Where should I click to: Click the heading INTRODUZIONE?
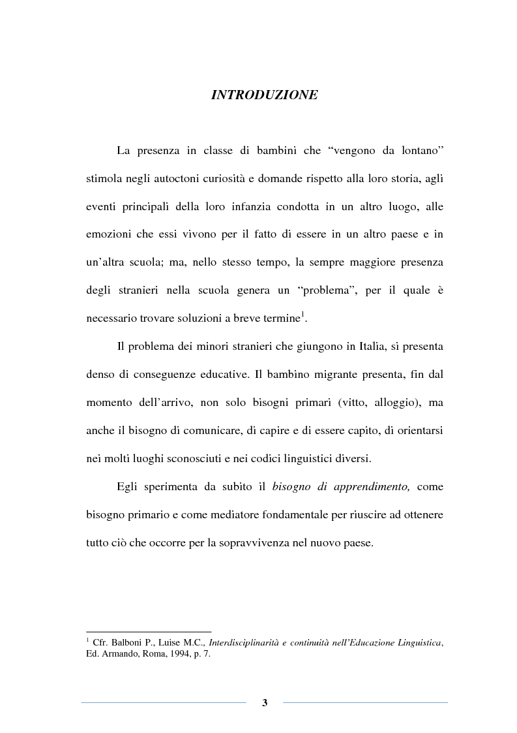(x=265, y=95)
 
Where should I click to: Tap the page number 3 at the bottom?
(x=265, y=702)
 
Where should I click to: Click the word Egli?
(x=128, y=486)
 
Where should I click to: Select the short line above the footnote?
(x=149, y=631)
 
